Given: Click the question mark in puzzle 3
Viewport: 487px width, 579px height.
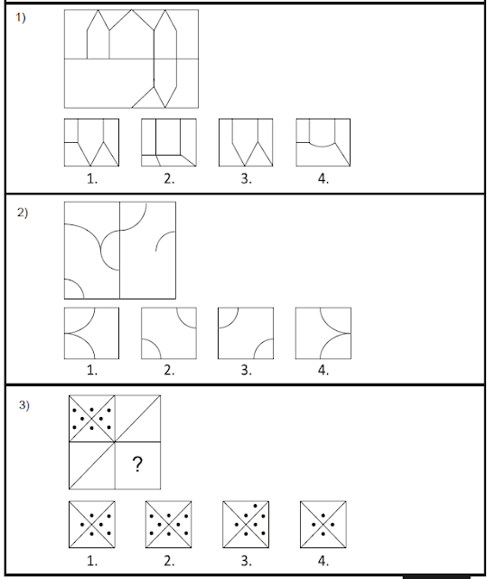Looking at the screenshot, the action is point(137,464).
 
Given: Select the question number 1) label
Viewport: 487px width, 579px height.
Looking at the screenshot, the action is point(21,17).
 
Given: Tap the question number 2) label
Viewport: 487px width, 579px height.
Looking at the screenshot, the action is point(22,213).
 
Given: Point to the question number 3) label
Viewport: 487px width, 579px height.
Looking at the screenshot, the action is point(24,405).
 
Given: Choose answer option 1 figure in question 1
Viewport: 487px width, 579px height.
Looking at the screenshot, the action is point(91,143).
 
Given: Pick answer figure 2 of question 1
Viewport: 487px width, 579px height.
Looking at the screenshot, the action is point(169,143).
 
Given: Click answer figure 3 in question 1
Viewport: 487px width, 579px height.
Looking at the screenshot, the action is point(246,143).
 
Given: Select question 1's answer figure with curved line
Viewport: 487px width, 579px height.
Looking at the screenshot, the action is point(323,143).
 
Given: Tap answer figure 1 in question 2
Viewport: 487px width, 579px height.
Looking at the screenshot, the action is point(91,333).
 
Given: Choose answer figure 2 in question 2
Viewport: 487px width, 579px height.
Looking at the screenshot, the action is point(169,333).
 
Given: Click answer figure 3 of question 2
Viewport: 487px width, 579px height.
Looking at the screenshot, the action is point(246,333).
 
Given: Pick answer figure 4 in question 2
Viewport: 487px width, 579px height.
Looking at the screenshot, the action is point(323,333).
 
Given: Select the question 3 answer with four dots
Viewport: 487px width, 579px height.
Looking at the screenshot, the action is point(323,525).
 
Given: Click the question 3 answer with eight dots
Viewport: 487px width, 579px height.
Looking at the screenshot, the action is point(168,525).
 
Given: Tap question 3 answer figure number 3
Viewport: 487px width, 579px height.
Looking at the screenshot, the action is point(246,525).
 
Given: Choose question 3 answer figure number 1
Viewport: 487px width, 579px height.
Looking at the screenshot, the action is point(92,525).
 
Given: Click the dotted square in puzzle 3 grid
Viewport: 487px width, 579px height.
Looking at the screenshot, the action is point(92,418).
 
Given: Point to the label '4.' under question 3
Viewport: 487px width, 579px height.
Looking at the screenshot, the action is point(323,561).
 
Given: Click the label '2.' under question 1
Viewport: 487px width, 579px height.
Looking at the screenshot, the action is point(169,179).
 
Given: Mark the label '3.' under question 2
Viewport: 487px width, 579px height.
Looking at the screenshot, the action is point(247,370).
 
